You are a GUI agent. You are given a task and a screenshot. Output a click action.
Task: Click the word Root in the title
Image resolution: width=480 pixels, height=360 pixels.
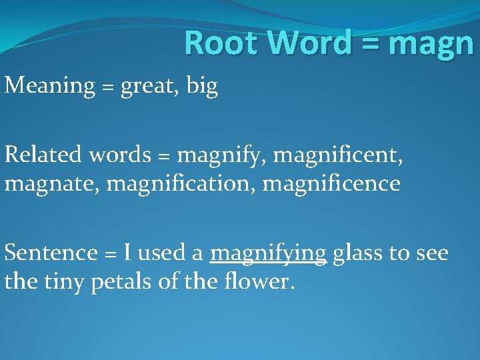coord(223,43)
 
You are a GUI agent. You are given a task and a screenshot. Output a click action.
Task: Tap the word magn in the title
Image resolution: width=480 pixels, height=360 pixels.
coord(430,45)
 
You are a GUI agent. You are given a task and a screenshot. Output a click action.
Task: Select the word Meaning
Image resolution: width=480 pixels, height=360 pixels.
coord(50,87)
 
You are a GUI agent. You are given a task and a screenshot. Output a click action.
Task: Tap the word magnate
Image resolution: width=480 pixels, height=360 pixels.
coord(52,183)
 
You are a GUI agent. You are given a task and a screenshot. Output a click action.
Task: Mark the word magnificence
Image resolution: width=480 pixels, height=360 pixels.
coord(331,183)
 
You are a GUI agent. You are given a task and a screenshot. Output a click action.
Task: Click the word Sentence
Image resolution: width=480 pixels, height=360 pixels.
coord(51,253)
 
